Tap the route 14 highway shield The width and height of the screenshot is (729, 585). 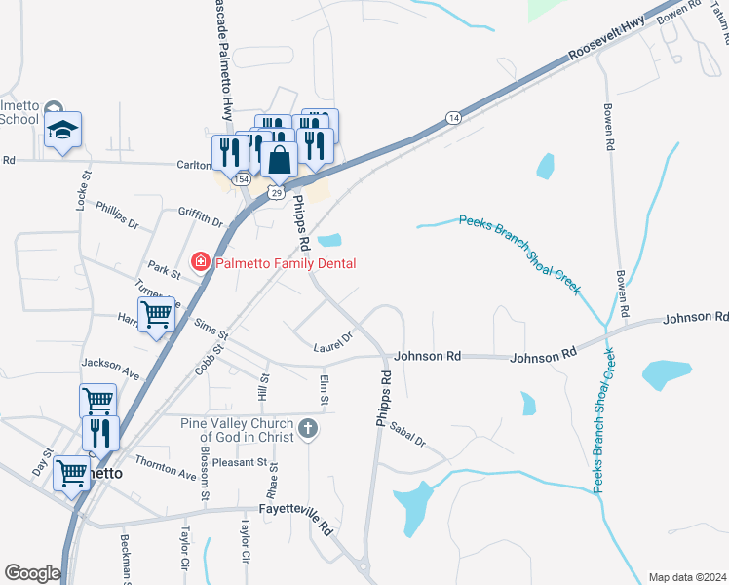[453, 117]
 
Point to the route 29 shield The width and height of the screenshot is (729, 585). [277, 195]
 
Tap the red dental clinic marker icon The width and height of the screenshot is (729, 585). [201, 261]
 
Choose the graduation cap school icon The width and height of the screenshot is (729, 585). [63, 130]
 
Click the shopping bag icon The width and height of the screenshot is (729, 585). [279, 160]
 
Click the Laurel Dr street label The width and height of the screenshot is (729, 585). [332, 342]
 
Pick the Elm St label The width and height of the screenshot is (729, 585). [324, 390]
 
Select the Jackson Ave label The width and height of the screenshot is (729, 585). [110, 368]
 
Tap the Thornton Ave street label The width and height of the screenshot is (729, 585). [167, 466]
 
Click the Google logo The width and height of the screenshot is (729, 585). [32, 573]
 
